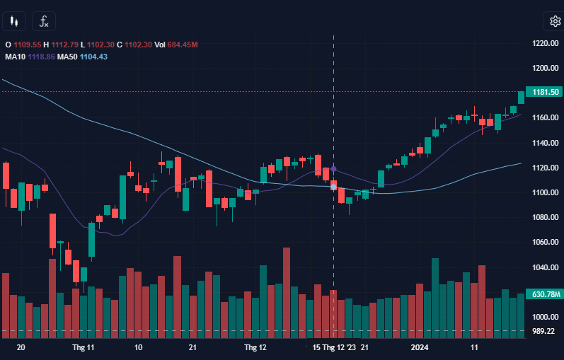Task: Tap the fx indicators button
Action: pyautogui.click(x=44, y=21)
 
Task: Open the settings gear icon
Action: pyautogui.click(x=551, y=21)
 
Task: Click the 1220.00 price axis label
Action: pyautogui.click(x=545, y=44)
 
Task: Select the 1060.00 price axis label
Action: pyautogui.click(x=545, y=243)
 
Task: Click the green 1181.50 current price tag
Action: pyautogui.click(x=546, y=92)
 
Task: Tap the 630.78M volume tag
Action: pyautogui.click(x=546, y=294)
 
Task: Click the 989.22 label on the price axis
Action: pyautogui.click(x=543, y=331)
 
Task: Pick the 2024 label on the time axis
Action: pyautogui.click(x=420, y=348)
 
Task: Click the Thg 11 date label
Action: pyautogui.click(x=83, y=348)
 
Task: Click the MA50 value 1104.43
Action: pyautogui.click(x=93, y=57)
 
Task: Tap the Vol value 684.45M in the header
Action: pyautogui.click(x=182, y=45)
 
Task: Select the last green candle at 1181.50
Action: pyautogui.click(x=522, y=97)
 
